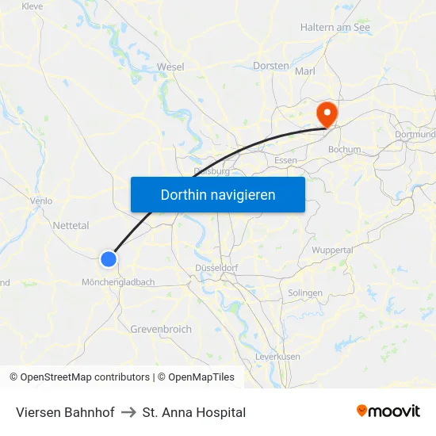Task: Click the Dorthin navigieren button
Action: click(218, 194)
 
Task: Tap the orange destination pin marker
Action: click(326, 113)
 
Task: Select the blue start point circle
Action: click(109, 258)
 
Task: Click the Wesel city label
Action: click(170, 67)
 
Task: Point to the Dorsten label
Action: click(270, 66)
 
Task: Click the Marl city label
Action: click(305, 71)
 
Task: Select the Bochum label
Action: click(344, 149)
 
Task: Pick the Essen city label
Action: click(285, 160)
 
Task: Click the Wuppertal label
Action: click(332, 251)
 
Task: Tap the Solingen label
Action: click(305, 293)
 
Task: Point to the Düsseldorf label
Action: click(216, 268)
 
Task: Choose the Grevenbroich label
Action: click(161, 329)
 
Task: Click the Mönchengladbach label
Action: click(118, 282)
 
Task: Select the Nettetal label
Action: click(71, 225)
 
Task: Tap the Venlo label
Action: click(41, 201)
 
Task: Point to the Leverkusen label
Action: click(277, 357)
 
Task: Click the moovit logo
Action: click(388, 411)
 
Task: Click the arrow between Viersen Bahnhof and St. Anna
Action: click(128, 412)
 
